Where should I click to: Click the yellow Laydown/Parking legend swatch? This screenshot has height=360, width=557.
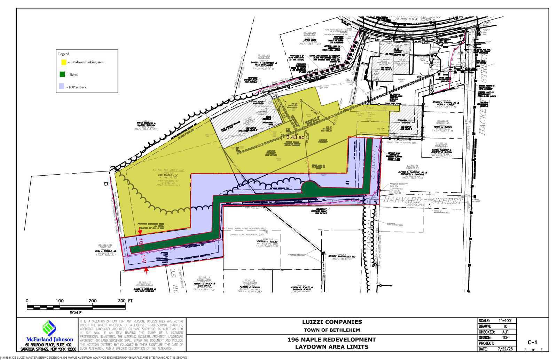(63, 62)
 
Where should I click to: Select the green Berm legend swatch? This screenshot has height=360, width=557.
(62, 74)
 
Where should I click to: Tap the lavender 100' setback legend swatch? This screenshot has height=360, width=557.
(62, 87)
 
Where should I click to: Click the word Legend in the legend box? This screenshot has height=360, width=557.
(64, 54)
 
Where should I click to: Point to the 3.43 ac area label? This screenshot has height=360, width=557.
(295, 137)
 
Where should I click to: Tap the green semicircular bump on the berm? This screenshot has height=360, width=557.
(309, 187)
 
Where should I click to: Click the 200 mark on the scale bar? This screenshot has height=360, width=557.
(93, 301)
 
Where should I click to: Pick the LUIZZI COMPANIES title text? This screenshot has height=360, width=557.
(332, 322)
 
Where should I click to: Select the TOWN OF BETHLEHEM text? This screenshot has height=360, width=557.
(332, 330)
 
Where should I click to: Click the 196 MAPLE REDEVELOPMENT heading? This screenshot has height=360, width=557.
(332, 339)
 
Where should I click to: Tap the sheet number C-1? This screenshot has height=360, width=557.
(533, 342)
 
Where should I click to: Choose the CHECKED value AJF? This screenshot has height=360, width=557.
(505, 332)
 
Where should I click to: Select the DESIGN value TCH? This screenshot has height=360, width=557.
(505, 337)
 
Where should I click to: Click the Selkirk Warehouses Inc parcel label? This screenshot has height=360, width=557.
(340, 256)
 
